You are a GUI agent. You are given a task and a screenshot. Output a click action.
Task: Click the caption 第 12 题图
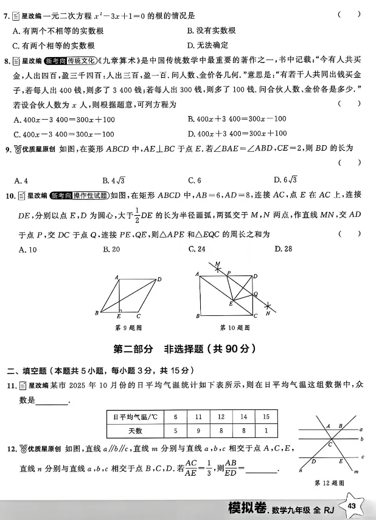[329, 483]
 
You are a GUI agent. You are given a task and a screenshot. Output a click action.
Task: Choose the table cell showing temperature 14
[243, 417]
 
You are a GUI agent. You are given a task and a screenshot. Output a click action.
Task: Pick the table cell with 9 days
[198, 431]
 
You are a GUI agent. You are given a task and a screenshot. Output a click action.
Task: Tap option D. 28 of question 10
[284, 249]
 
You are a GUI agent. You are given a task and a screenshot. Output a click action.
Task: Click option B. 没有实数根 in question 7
[212, 30]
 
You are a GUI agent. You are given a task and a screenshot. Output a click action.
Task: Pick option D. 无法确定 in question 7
[208, 45]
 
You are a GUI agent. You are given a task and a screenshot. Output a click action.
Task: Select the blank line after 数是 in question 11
[54, 400]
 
